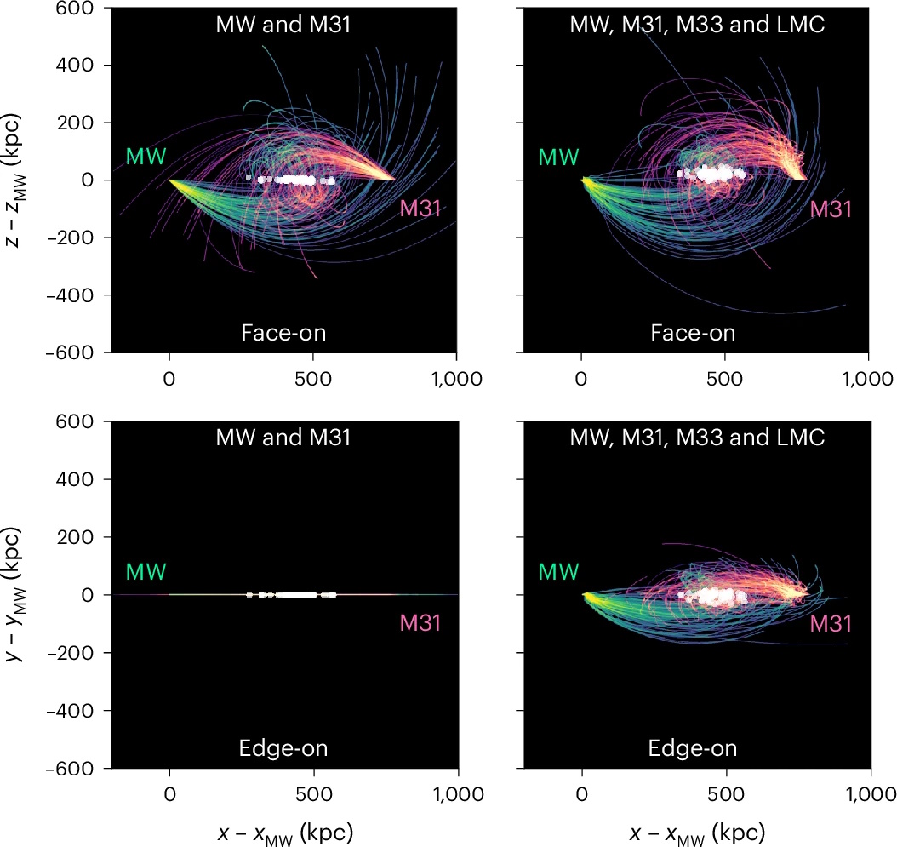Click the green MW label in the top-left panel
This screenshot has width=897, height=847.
(146, 157)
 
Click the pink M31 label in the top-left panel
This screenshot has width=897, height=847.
(420, 209)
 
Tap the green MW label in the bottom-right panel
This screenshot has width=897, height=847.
(558, 571)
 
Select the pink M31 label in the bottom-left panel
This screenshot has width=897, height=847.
(420, 623)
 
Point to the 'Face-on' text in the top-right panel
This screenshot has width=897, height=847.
(693, 333)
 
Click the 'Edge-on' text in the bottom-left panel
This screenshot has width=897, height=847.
(283, 748)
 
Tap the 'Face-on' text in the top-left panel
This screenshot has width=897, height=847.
(283, 333)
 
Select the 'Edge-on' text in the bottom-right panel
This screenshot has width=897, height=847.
(693, 748)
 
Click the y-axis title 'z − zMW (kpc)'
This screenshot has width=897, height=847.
(19, 179)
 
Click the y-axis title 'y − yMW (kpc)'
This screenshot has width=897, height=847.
(19, 594)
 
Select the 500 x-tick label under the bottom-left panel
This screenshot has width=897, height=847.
(314, 793)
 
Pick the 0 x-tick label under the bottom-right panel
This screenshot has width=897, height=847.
(582, 793)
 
